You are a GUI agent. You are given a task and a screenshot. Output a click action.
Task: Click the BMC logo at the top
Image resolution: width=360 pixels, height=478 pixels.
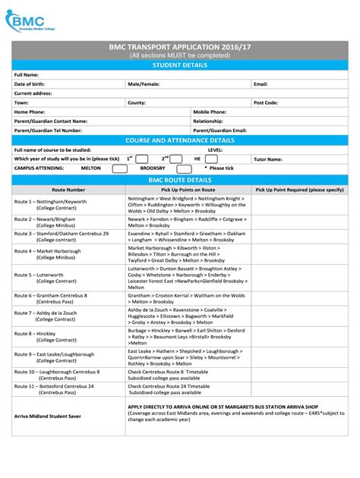(30, 21)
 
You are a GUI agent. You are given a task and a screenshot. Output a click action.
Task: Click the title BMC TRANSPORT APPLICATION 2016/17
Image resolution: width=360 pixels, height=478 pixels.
(180, 47)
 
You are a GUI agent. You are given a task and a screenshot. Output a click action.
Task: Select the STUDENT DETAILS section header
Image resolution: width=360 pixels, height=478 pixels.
(180, 65)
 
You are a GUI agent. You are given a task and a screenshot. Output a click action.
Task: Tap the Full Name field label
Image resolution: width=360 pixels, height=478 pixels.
(27, 75)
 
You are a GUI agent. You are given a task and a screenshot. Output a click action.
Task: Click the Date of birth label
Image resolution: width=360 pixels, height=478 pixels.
(31, 83)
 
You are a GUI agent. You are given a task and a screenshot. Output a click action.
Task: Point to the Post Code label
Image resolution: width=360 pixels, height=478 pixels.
(266, 102)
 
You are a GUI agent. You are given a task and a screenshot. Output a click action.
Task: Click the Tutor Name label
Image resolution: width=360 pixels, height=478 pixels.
(268, 159)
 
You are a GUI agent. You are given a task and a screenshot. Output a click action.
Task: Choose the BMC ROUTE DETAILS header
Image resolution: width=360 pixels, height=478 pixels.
(180, 180)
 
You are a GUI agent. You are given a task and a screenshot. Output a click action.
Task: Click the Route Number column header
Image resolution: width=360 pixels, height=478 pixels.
(68, 190)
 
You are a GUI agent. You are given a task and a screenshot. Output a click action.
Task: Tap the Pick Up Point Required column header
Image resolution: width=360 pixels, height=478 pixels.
(300, 190)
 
